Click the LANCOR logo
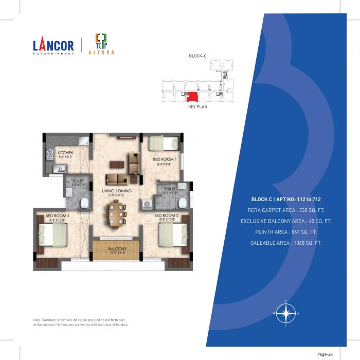tap(52, 45)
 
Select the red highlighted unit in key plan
tap(192, 96)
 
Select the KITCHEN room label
tap(65, 153)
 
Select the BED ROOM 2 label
tap(166, 215)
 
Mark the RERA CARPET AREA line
tap(286, 210)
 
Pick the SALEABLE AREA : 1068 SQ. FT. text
tap(286, 242)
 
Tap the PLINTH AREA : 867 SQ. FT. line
tap(286, 231)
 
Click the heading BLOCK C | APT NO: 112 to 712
tap(286, 199)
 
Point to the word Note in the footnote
tap(38, 320)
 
